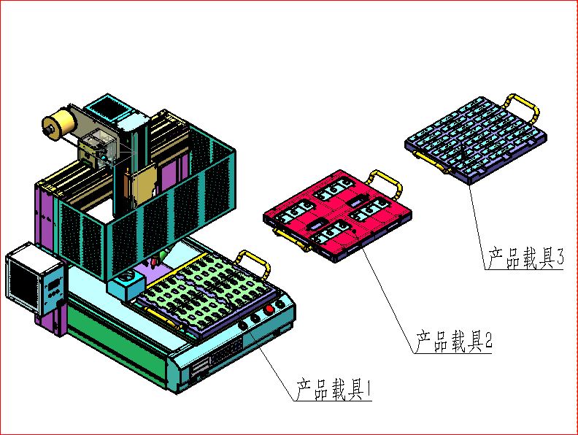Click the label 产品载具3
coord(525,258)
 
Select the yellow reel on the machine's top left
coord(58,123)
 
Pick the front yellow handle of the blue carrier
coord(441,166)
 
